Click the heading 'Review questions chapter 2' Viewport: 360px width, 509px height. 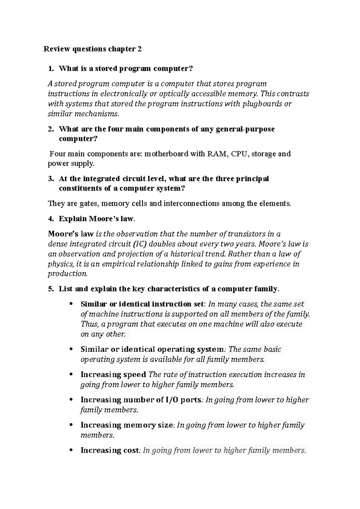[92, 49]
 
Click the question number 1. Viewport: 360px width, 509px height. [50, 69]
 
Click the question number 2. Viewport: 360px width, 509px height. [50, 129]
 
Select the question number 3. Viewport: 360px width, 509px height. [50, 179]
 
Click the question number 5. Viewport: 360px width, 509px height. [50, 289]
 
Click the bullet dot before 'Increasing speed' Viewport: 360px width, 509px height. [71, 374]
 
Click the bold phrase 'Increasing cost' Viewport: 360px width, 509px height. [110, 450]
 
